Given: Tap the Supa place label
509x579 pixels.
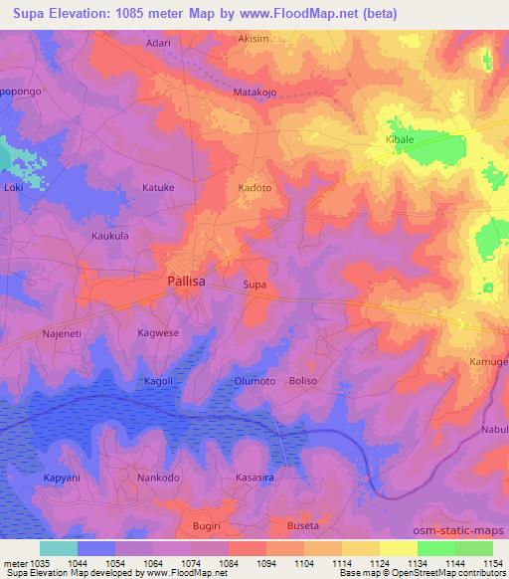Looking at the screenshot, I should pyautogui.click(x=255, y=285).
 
